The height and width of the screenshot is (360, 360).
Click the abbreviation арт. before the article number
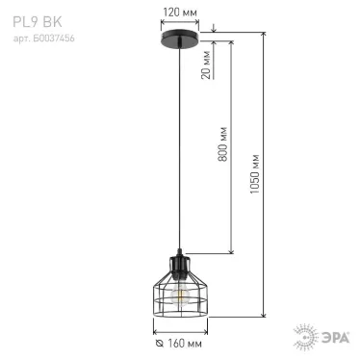pos(20,30)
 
